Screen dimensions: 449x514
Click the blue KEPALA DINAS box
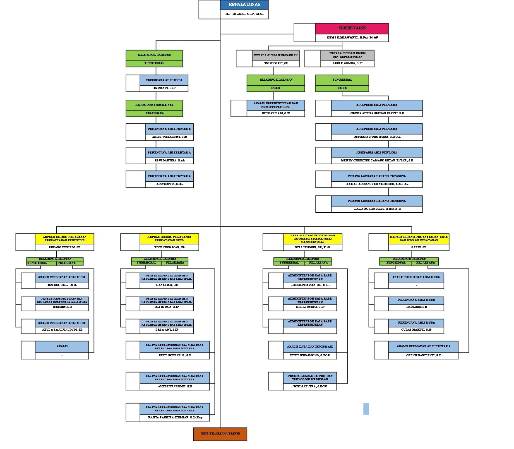tap(244, 5)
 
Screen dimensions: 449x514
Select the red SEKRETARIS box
tap(352, 28)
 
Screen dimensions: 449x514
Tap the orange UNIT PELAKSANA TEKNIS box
tap(220, 434)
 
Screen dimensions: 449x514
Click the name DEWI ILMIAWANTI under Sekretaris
tap(352, 38)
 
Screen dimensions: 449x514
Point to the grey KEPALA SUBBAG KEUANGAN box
tap(276, 55)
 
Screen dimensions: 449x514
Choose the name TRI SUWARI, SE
tap(276, 63)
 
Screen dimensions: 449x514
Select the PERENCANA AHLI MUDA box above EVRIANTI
tap(164, 80)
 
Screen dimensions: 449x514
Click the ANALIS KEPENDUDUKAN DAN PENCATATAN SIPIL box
tap(276, 105)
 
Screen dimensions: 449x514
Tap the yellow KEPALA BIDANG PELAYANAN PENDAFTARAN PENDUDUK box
tap(65, 238)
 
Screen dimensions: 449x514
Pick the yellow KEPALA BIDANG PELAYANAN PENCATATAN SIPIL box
tap(169, 238)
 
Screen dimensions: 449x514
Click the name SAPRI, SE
tap(418, 247)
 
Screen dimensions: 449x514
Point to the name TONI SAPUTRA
tap(310, 386)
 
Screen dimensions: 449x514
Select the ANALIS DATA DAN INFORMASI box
tap(310, 346)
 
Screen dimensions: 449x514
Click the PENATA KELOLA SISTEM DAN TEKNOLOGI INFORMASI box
tap(310, 377)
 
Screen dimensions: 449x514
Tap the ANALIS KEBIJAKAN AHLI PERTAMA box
tap(423, 346)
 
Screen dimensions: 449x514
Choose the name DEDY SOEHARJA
tap(174, 355)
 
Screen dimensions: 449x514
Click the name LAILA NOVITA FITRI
tap(377, 209)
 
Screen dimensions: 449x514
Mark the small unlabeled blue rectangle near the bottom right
tap(366, 409)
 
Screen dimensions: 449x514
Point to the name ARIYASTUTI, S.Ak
tap(169, 184)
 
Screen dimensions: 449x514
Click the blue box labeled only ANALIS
tap(62, 346)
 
